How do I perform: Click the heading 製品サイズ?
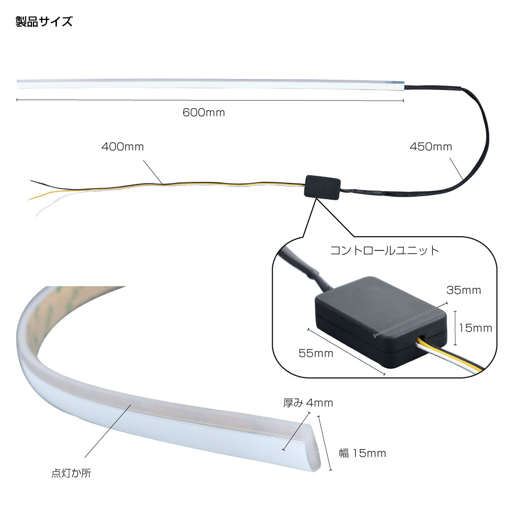click(44, 22)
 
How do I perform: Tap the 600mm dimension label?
click(204, 113)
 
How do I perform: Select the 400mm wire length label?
click(122, 147)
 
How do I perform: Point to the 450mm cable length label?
click(431, 147)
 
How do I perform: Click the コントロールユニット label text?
click(385, 250)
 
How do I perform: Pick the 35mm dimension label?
click(463, 291)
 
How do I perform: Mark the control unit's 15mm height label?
click(475, 328)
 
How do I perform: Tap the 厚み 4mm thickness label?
click(308, 403)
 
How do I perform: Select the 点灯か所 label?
click(72, 473)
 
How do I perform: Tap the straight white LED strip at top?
click(203, 84)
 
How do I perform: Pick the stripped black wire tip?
click(34, 181)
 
